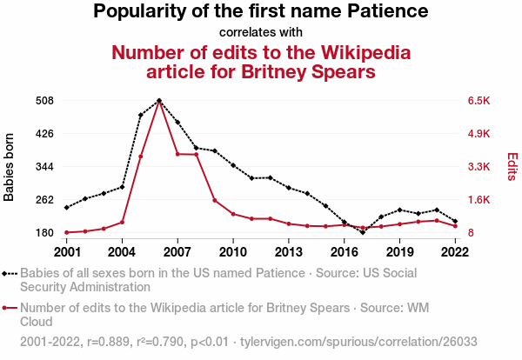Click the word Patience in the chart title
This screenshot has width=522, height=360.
click(385, 12)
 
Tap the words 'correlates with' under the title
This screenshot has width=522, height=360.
click(260, 33)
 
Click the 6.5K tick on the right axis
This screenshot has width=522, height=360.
click(479, 101)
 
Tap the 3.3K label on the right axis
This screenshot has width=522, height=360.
click(479, 167)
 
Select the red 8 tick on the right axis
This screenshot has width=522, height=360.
click(472, 233)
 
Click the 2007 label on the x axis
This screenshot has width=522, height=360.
click(177, 252)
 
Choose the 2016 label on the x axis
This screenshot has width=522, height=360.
click(344, 252)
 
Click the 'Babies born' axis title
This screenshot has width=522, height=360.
click(10, 167)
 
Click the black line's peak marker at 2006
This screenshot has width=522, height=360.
click(159, 101)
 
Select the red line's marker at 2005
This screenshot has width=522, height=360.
click(140, 157)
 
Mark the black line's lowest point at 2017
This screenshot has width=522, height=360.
click(363, 232)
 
